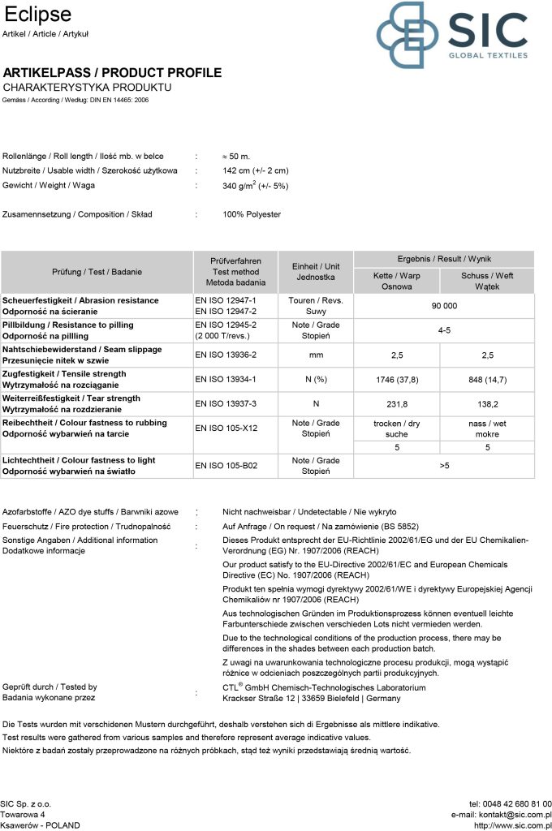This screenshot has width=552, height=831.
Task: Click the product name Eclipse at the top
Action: tap(37, 15)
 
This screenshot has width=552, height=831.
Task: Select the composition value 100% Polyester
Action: tap(252, 214)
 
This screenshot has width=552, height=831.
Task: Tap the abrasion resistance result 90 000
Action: tap(444, 306)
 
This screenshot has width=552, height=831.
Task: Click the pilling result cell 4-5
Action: tap(444, 330)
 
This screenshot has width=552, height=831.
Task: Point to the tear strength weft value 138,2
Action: tap(487, 403)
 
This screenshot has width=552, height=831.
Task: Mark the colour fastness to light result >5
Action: tap(444, 466)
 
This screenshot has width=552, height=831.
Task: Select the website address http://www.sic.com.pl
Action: tap(512, 825)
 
